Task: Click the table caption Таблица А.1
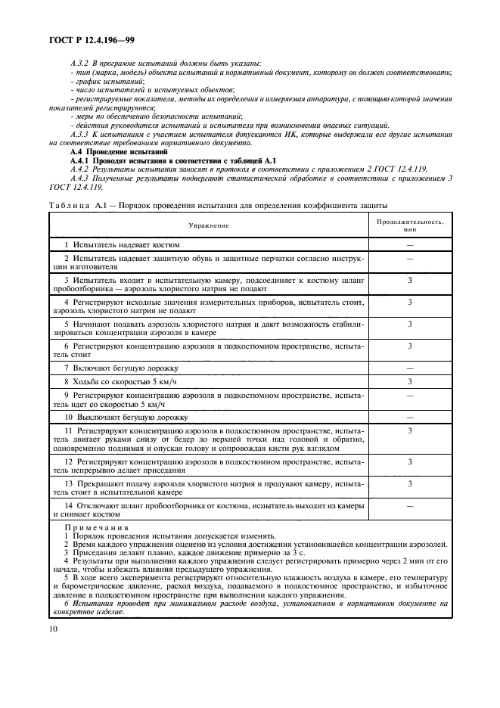click(75, 205)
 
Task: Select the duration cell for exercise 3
click(409, 281)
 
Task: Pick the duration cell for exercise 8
click(409, 381)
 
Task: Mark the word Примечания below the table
click(97, 527)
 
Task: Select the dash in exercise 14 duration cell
click(409, 505)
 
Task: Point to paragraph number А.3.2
click(79, 62)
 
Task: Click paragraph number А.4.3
click(79, 178)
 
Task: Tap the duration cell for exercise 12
click(409, 460)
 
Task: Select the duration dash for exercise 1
click(409, 245)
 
